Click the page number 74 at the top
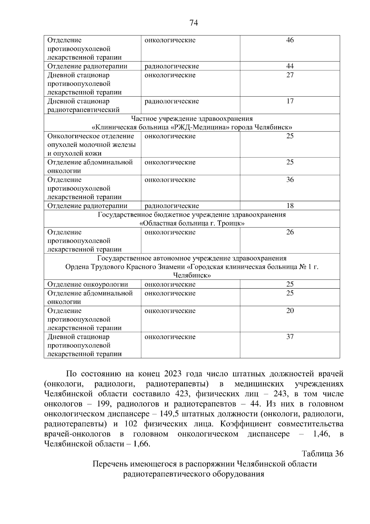(x=194, y=23)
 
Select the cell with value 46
(x=290, y=40)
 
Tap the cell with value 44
(x=290, y=66)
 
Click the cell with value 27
(x=290, y=75)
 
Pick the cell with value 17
(x=290, y=101)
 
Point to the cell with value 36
(x=290, y=180)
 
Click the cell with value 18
(x=290, y=206)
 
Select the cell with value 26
(x=290, y=232)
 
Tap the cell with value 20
(x=290, y=311)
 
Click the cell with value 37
(x=290, y=337)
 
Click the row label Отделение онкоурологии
(x=88, y=284)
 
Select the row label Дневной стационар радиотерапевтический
(x=83, y=106)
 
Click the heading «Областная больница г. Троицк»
(x=192, y=223)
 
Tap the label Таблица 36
(x=323, y=454)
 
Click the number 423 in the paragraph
(x=182, y=394)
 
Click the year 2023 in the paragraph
(x=175, y=374)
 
